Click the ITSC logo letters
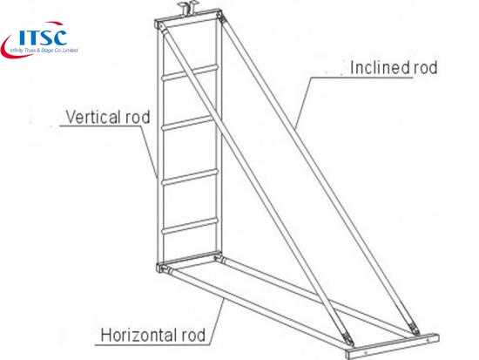point(43,37)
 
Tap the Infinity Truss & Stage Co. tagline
point(44,51)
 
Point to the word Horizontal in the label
point(139,336)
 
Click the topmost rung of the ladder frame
point(190,73)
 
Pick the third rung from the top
point(190,178)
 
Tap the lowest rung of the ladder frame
point(190,227)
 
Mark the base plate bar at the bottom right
point(392,346)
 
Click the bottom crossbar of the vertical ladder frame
point(189,260)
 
